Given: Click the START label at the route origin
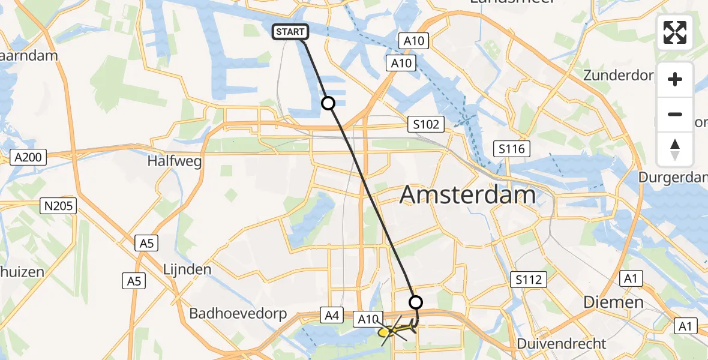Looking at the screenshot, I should [291, 32].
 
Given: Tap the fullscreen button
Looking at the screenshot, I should [675, 32].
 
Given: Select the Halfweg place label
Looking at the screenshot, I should [175, 161].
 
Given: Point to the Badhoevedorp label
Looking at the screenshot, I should [238, 314].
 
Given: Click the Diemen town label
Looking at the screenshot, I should [614, 302].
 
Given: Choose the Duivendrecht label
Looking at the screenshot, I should [564, 344].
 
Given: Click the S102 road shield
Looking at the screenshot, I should [426, 125].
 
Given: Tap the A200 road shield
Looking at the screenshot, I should [28, 158].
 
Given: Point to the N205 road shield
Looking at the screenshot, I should [58, 206].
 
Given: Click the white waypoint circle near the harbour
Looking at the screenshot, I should [328, 103].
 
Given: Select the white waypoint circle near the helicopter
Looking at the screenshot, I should [415, 302].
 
